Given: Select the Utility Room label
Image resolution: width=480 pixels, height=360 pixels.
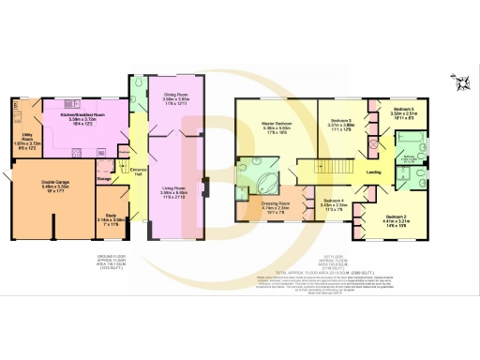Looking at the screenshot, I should click(x=26, y=138).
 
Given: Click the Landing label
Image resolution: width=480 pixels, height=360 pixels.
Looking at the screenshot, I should click(x=372, y=172).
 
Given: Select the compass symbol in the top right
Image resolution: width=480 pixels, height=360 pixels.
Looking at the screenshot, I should click(x=460, y=82).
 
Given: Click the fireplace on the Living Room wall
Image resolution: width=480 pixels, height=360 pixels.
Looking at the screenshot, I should click(x=206, y=183).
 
